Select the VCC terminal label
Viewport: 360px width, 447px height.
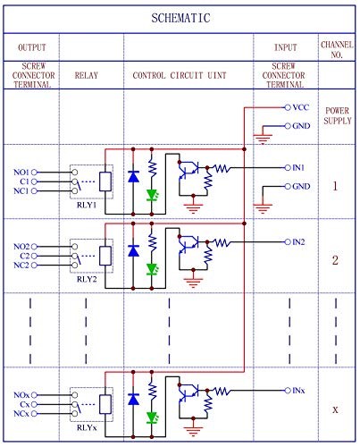click(300, 106)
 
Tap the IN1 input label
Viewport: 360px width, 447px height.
click(298, 167)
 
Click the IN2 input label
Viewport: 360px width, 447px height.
click(298, 241)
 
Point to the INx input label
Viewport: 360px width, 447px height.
click(298, 391)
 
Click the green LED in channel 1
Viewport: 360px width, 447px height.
click(152, 195)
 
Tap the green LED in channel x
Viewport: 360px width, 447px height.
click(152, 417)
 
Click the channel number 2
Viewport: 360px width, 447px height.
click(335, 261)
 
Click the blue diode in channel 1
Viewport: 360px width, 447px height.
click(133, 177)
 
